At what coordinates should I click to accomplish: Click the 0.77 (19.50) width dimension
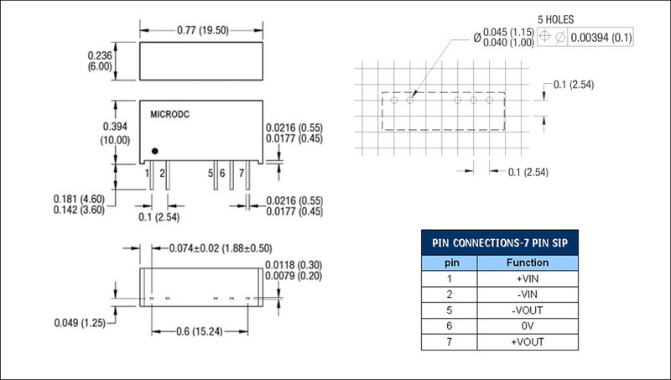(203, 30)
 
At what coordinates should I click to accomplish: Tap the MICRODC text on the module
(170, 115)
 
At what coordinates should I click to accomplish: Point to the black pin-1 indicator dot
(155, 151)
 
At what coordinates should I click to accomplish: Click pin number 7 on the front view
(242, 174)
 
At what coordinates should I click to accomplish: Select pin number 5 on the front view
(211, 174)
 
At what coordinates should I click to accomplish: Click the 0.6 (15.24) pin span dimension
(200, 331)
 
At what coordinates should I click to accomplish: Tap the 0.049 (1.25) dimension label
(80, 323)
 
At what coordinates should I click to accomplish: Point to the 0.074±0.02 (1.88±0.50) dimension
(221, 248)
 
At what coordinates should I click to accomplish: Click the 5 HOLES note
(555, 19)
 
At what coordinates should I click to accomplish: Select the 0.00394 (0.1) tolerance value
(601, 38)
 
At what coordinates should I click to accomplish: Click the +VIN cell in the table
(528, 279)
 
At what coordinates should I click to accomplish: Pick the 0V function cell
(528, 326)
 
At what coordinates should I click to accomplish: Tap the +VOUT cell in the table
(528, 342)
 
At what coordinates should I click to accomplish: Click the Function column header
(528, 263)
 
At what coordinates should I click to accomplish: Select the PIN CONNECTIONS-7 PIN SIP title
(500, 243)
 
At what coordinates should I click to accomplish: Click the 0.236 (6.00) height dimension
(100, 61)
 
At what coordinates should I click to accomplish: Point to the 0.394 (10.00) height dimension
(115, 133)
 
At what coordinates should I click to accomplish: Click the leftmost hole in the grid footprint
(394, 101)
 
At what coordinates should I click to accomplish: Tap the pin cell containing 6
(450, 326)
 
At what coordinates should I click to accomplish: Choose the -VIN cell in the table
(528, 294)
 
